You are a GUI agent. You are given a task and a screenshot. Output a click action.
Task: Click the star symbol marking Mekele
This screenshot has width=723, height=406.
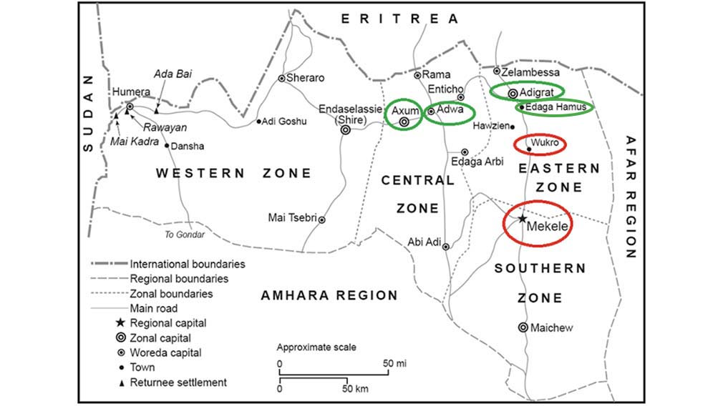(x=523, y=218)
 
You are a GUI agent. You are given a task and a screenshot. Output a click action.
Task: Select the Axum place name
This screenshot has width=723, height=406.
(x=404, y=111)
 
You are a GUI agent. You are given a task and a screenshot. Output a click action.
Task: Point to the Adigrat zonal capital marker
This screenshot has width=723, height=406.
(x=513, y=93)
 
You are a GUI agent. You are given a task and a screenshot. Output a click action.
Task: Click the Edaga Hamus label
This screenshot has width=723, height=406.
(x=556, y=107)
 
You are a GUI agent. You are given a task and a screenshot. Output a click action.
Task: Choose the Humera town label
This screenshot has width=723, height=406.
(x=131, y=92)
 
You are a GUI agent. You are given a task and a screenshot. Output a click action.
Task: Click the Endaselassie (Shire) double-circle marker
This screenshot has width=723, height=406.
(x=346, y=130)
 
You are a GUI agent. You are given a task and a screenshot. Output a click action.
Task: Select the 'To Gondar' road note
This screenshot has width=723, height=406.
(x=185, y=234)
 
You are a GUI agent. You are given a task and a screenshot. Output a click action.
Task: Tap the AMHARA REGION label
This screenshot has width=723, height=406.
(x=329, y=295)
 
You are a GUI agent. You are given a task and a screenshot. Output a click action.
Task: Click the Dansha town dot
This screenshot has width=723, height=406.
(x=168, y=146)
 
